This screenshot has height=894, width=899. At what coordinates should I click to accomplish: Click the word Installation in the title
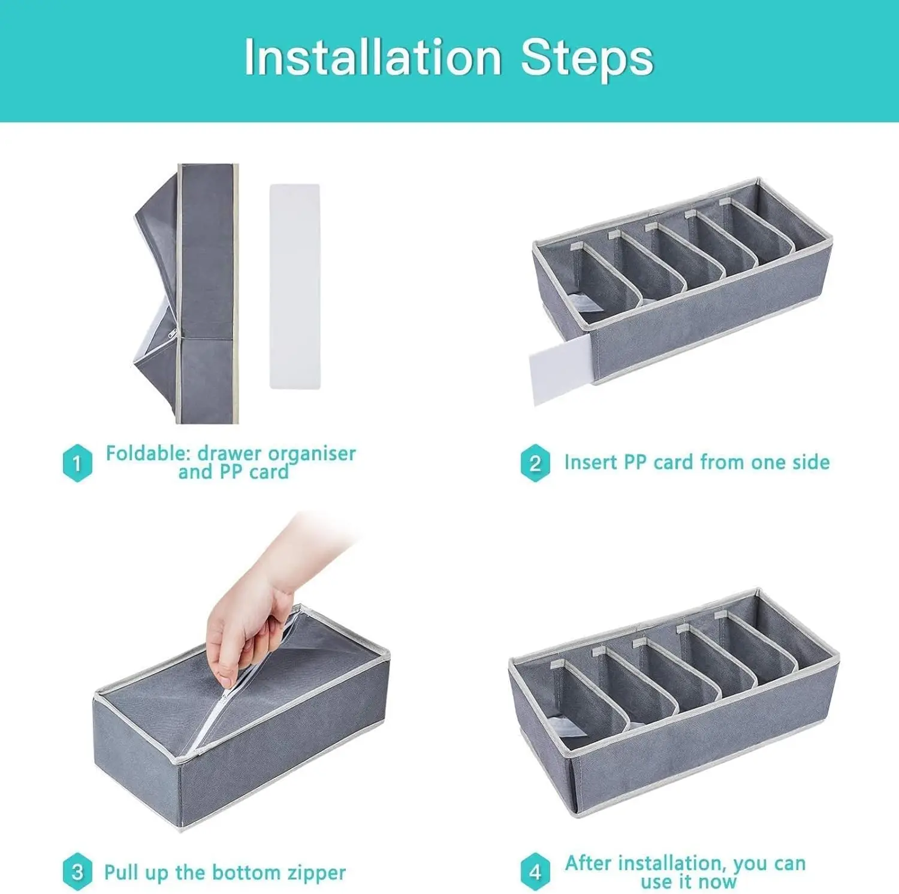pyautogui.click(x=373, y=58)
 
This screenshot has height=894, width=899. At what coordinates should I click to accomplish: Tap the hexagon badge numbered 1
pyautogui.click(x=77, y=463)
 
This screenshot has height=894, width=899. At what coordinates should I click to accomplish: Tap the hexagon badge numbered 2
pyautogui.click(x=535, y=463)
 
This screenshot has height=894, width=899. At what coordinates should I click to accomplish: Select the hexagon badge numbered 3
pyautogui.click(x=77, y=872)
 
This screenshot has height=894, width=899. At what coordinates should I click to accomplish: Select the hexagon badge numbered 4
pyautogui.click(x=535, y=872)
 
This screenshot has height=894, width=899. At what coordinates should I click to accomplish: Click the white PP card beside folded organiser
pyautogui.click(x=294, y=286)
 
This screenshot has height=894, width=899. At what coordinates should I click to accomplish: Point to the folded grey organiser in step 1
pyautogui.click(x=186, y=294)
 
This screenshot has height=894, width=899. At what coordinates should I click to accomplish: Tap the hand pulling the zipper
pyautogui.click(x=264, y=605)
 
